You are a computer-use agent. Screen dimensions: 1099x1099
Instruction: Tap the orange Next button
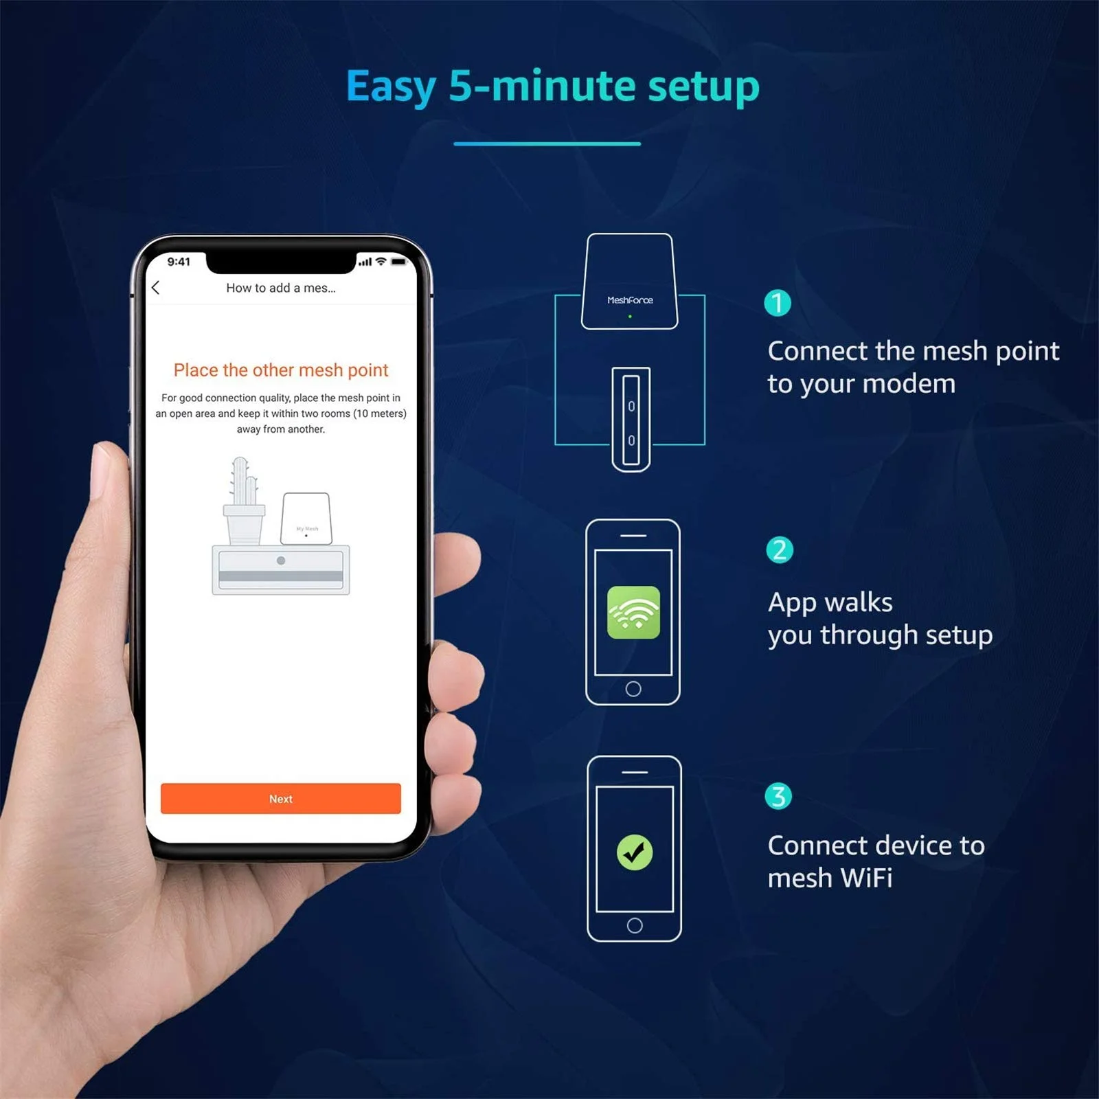coord(280,799)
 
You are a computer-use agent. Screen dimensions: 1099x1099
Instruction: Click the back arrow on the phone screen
coord(156,288)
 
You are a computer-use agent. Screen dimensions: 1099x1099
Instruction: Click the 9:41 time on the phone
coord(179,262)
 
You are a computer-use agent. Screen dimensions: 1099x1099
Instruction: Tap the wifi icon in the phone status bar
coord(381,262)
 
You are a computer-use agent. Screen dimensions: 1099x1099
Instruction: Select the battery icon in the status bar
coord(399,262)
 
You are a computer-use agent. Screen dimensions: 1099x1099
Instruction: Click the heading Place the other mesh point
coord(280,370)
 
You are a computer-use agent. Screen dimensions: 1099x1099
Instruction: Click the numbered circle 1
coord(778,303)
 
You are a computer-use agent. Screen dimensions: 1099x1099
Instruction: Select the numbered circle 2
coord(779,550)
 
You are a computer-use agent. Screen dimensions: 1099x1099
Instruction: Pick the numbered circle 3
coord(778,797)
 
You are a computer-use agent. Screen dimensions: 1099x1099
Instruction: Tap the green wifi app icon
coord(633,613)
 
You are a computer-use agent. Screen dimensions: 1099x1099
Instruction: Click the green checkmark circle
coord(635,852)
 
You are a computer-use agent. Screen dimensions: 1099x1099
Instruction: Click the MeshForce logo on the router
coord(630,300)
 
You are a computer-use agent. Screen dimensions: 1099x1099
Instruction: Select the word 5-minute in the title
coord(543,87)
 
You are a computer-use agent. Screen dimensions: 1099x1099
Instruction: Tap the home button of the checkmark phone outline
coord(635,925)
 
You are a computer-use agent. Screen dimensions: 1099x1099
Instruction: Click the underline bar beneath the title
coord(547,144)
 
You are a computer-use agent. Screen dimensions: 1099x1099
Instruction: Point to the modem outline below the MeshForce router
coord(631,419)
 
